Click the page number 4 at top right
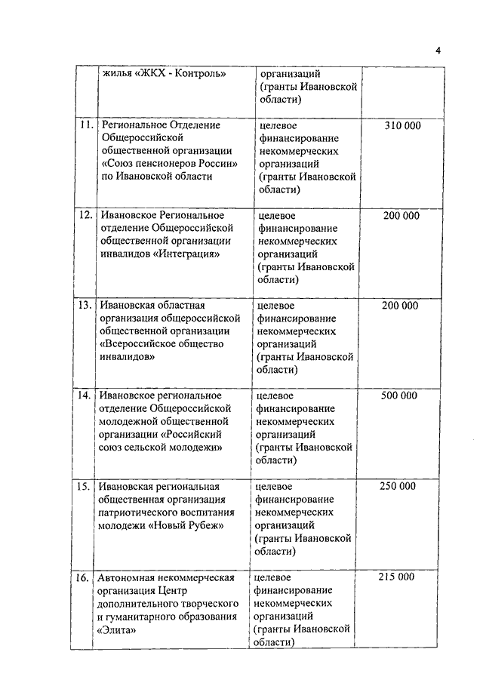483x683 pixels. point(437,51)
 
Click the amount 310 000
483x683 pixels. point(402,125)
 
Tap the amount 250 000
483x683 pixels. point(397,485)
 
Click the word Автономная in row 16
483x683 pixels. point(125,577)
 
